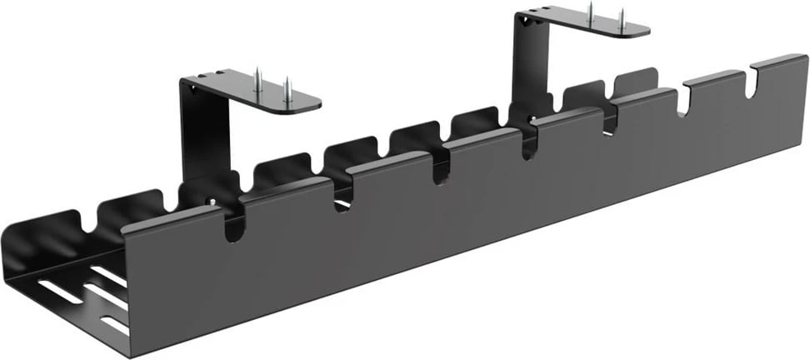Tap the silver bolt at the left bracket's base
(212, 201)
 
